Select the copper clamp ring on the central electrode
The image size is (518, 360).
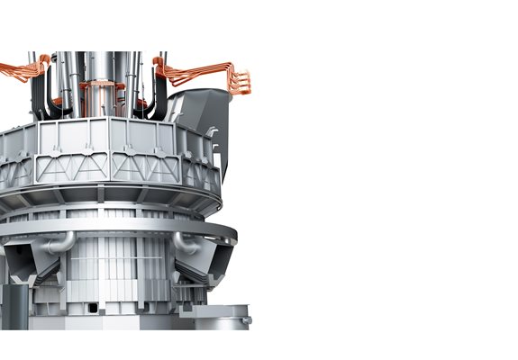tap(102, 88)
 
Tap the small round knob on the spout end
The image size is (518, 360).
tap(247, 319)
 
